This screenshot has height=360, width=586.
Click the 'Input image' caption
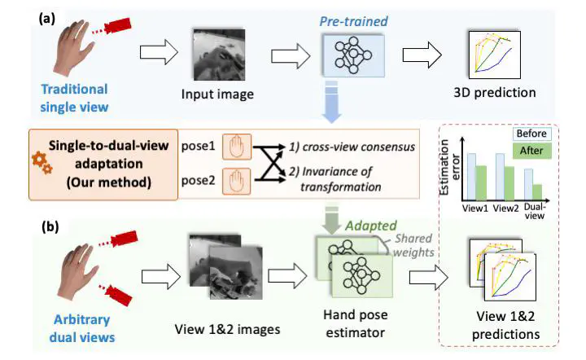[x=217, y=95]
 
